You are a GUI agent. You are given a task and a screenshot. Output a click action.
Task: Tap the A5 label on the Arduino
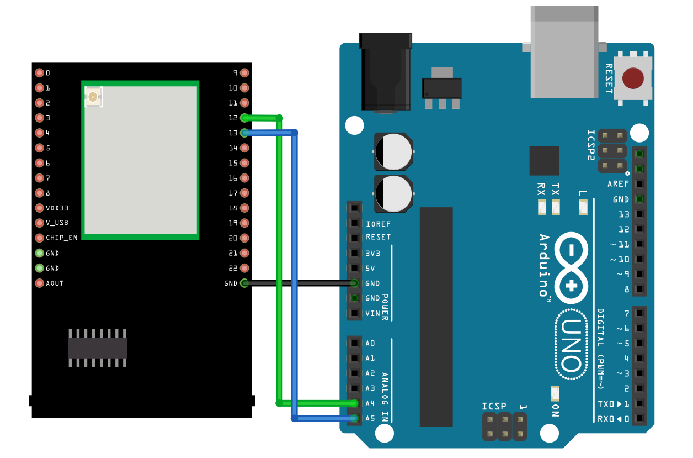point(370,418)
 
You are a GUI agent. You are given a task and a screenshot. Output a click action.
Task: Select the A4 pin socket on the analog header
point(354,403)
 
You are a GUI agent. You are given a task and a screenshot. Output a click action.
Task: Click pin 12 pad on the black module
point(244,118)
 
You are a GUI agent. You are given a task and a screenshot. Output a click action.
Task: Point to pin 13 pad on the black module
point(244,133)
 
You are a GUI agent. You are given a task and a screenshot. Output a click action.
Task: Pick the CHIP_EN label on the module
point(62,238)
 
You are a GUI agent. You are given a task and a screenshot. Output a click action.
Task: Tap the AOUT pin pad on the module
point(39,283)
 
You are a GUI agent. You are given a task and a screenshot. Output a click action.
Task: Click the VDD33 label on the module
point(57,208)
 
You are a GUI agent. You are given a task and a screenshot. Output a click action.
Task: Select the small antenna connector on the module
point(93,98)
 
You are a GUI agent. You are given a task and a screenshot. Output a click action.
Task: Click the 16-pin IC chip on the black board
point(97,348)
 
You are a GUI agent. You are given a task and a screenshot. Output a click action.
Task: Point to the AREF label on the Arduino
point(618,183)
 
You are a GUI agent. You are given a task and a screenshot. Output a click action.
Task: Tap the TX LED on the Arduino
point(556,208)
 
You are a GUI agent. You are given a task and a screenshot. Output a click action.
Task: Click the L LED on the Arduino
point(583,208)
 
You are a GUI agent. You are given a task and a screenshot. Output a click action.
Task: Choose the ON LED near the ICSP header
point(556,393)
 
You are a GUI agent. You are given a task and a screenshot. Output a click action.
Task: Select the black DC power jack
point(385,72)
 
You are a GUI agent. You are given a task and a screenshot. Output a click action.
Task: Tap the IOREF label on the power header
point(378,224)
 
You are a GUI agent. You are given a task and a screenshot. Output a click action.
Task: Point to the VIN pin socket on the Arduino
point(354,313)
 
